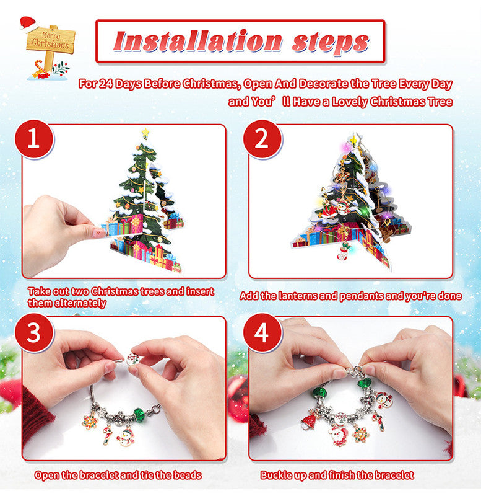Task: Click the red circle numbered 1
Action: pos(33,139)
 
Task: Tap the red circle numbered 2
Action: pos(262,139)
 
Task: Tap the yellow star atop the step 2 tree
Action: pos(355,137)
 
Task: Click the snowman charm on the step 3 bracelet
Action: pos(126,437)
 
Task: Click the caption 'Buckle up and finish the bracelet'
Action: pos(337,476)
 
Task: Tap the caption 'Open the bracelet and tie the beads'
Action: pos(118,476)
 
